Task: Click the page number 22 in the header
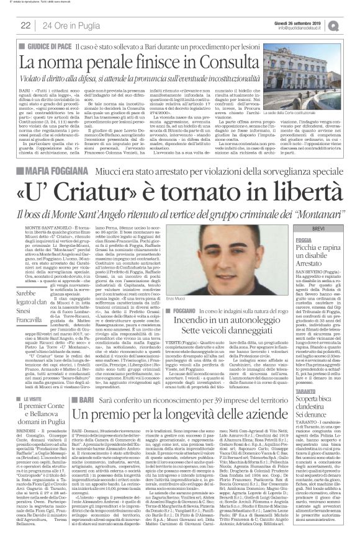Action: [x=25, y=25]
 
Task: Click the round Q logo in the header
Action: [x=351, y=24]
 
